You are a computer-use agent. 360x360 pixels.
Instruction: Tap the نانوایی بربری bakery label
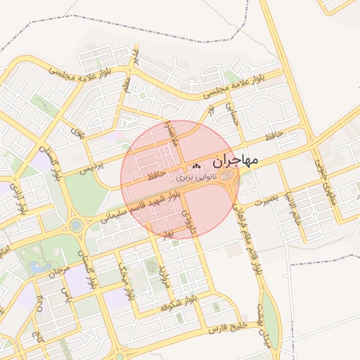click(198, 179)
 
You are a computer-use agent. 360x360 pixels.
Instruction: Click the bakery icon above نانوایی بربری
click(196, 167)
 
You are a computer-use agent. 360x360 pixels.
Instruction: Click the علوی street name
click(77, 130)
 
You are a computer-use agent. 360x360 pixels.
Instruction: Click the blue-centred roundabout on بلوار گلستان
click(77, 226)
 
